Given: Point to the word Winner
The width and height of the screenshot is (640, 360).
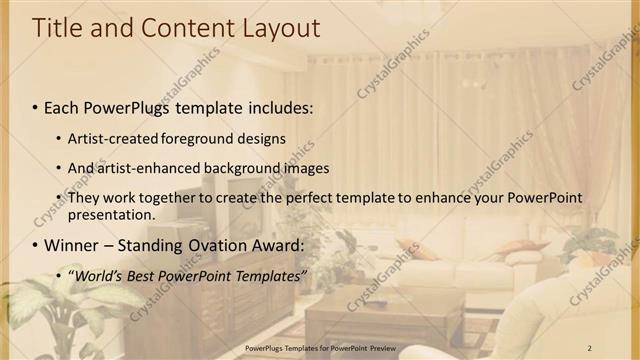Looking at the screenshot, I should coord(72,245).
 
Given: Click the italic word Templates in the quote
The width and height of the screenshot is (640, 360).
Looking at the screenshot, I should coord(272,275).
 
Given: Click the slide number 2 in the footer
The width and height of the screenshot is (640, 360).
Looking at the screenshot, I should coord(590,347).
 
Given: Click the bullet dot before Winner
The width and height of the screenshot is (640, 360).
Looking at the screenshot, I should coord(36,245).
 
